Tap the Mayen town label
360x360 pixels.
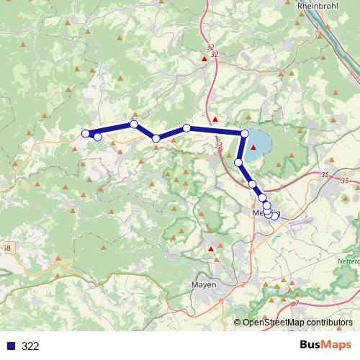(x=204, y=285)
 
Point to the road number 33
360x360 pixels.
(x=218, y=145)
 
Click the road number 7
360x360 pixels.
(x=297, y=304)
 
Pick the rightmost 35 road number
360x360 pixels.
(x=346, y=181)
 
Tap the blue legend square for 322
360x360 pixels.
(x=11, y=346)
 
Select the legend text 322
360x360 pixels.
(x=30, y=346)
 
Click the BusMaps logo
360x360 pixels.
(x=325, y=345)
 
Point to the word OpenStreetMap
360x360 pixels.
(x=273, y=323)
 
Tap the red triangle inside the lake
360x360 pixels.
(x=253, y=148)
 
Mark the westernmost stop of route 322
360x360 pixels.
(x=85, y=133)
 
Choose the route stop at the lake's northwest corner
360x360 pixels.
(x=245, y=133)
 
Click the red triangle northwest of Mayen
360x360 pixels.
(x=210, y=249)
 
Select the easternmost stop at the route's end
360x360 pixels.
(x=275, y=215)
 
